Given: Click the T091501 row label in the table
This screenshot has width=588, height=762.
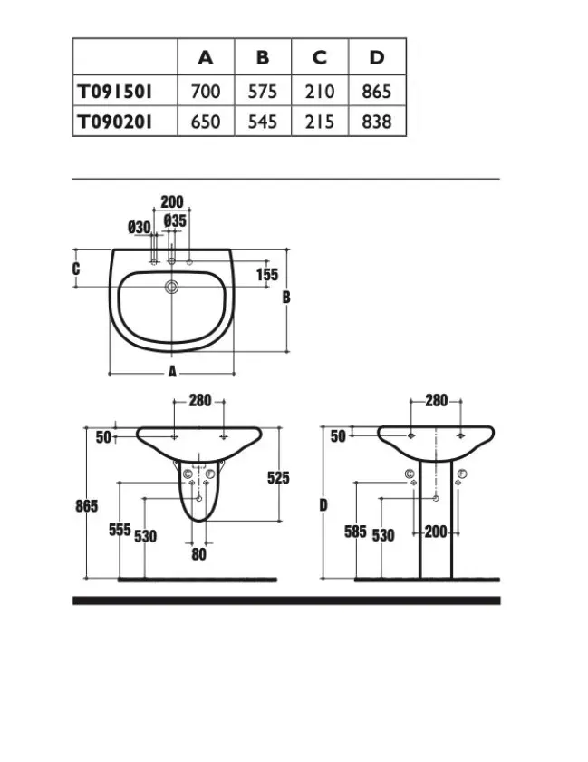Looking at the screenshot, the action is coord(114,92).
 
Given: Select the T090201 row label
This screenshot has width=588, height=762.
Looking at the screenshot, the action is coord(114,122).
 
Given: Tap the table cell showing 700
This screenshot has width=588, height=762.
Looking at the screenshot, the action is coord(206,92).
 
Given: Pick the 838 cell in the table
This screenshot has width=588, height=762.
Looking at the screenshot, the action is coord(376,122).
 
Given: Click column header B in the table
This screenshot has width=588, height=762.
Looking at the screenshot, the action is coord(263,57).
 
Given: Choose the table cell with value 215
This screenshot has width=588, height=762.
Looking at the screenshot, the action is coord(320,122).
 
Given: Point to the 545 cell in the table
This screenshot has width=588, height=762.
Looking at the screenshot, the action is coord(263,122).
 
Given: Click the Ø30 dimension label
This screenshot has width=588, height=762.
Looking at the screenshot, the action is coord(140,227).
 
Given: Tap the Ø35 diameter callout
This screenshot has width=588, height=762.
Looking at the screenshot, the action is coord(175,220).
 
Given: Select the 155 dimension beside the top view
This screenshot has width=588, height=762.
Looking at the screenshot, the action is coord(267,275).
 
